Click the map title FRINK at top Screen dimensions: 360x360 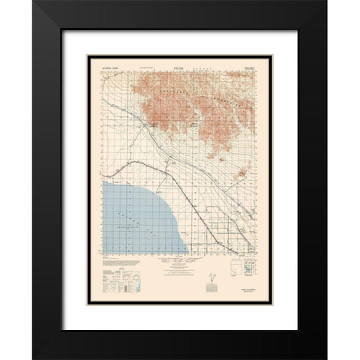180,70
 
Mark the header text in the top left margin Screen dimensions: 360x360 110,70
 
